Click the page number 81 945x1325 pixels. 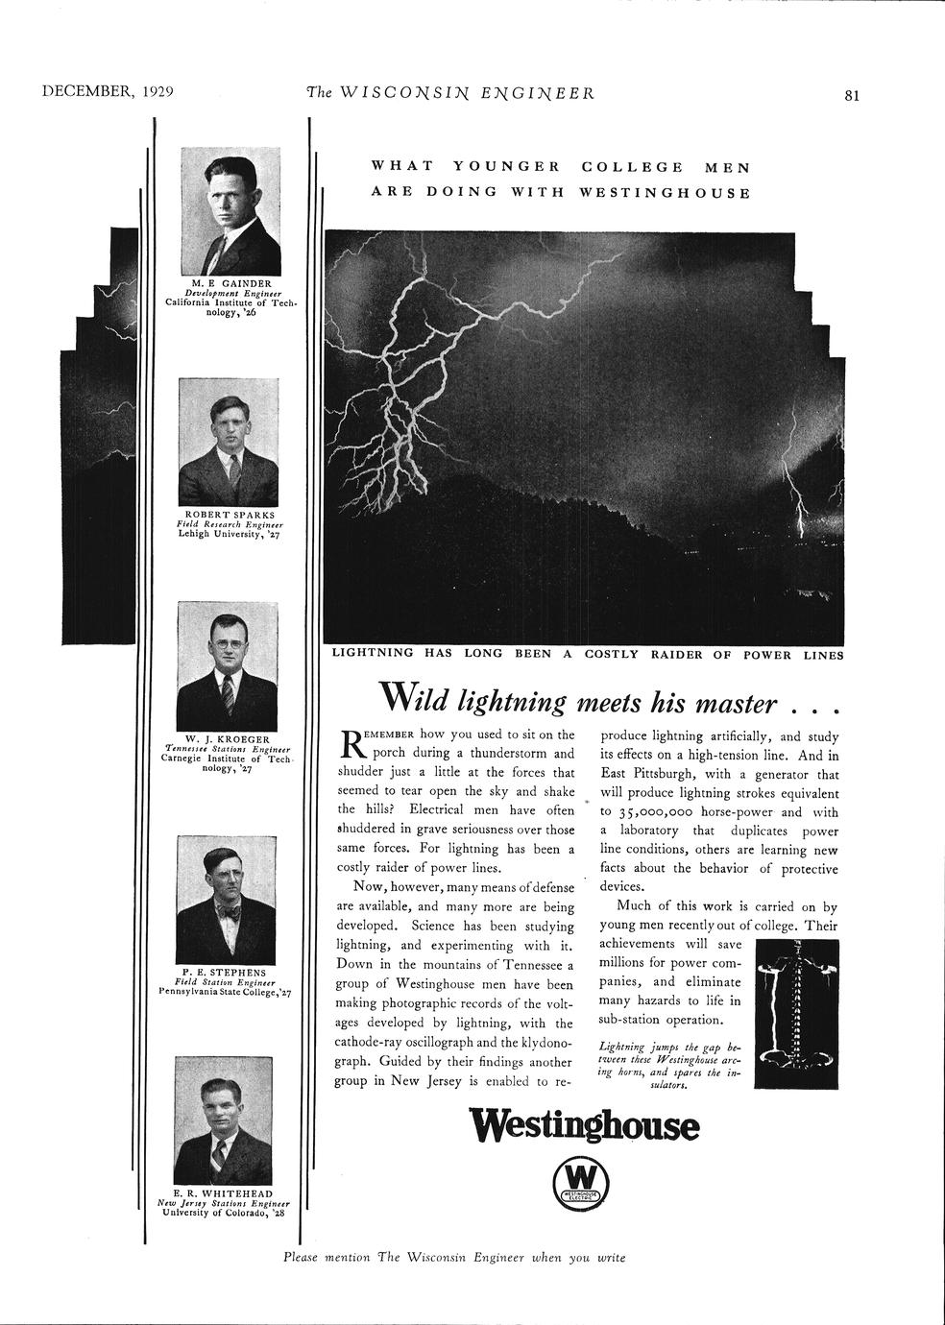[852, 94]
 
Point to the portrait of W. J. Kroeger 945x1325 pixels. [229, 667]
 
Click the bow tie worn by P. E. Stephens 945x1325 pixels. [228, 914]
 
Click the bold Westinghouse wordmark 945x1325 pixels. [583, 1126]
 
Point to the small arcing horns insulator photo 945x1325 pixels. [796, 1014]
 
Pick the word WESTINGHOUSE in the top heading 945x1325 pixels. [665, 192]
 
